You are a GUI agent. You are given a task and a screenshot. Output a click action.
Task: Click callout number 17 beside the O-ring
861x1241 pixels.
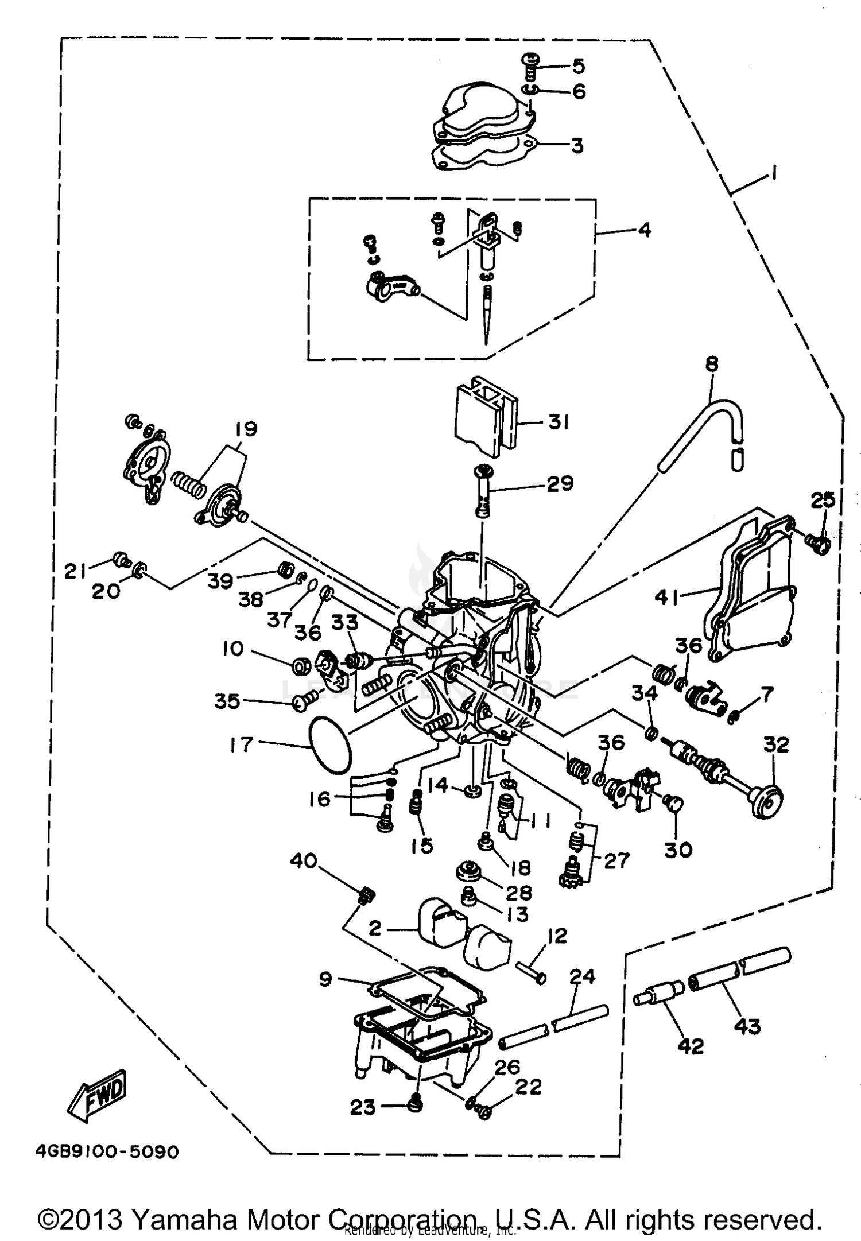tap(241, 745)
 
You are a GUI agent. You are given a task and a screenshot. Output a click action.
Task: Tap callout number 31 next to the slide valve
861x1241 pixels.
tap(558, 422)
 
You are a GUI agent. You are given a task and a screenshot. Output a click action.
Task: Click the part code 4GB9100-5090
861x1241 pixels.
tap(107, 1152)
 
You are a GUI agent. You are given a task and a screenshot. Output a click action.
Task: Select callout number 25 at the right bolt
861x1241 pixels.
tap(823, 501)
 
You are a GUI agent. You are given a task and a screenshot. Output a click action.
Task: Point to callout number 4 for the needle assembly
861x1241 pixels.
tap(645, 230)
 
